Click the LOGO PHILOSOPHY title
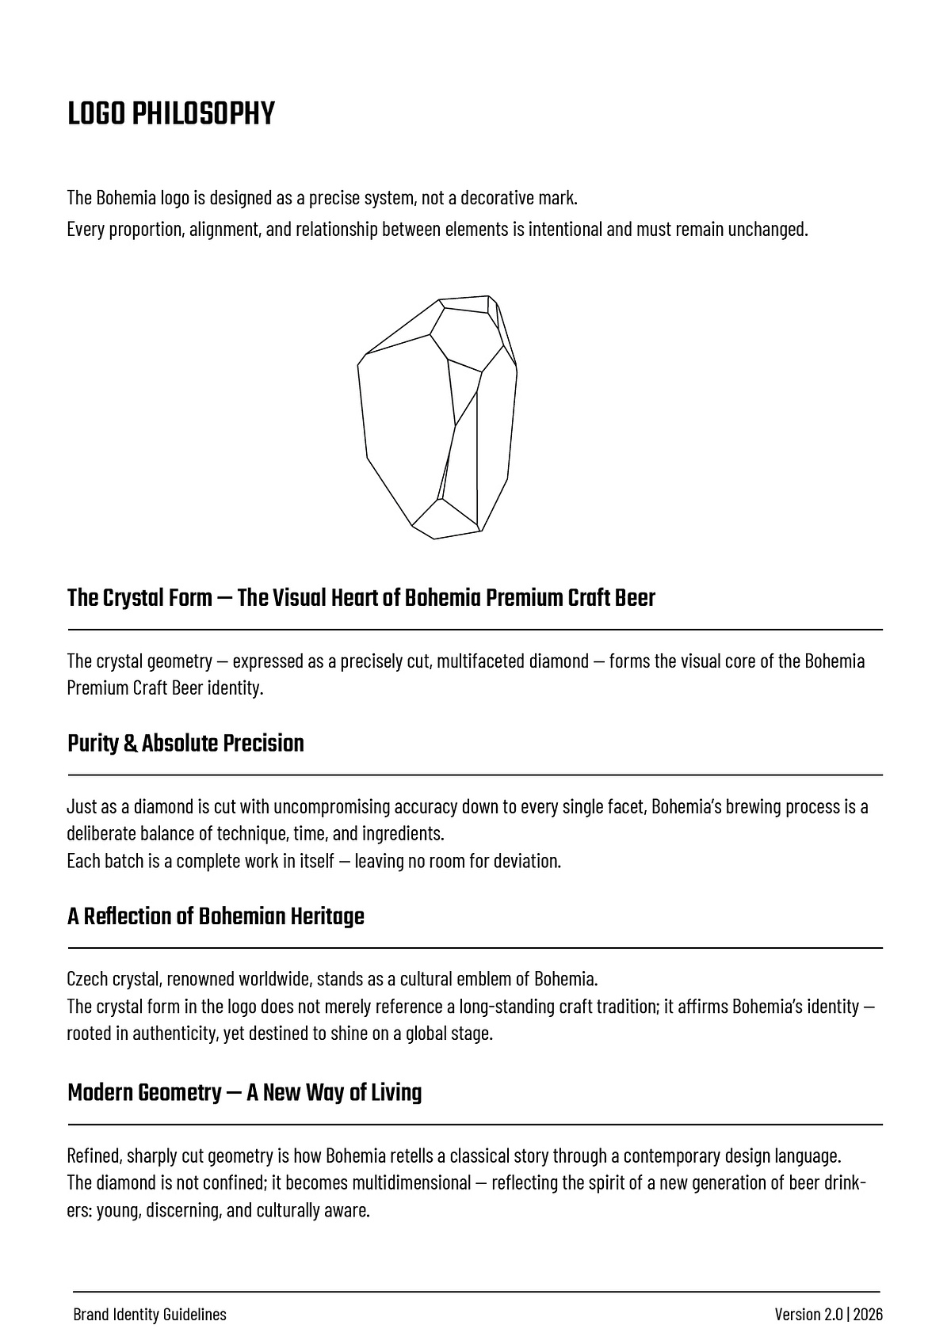coord(170,114)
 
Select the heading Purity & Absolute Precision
coord(185,744)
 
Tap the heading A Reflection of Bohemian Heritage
coord(216,916)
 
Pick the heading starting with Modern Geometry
coord(244,1093)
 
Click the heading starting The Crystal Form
coord(361,598)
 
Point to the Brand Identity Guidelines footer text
coord(150,1315)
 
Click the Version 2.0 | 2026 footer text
coord(828,1315)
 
